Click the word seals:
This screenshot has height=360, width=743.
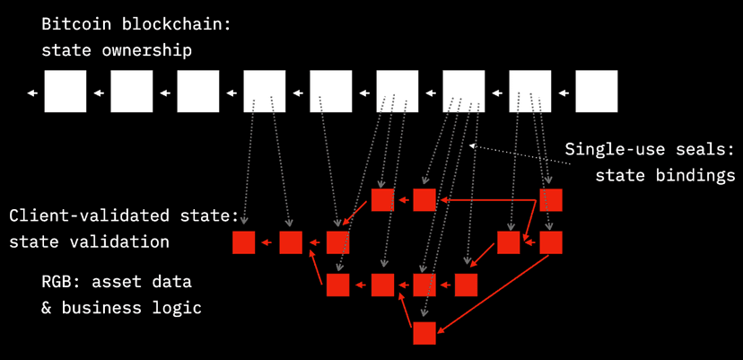point(704,148)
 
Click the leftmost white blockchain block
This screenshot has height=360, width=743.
point(66,92)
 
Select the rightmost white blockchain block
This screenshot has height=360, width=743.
point(597,92)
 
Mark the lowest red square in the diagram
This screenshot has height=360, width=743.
point(424,333)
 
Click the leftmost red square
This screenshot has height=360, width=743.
point(243,242)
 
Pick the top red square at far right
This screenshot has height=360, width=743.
point(551,199)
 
